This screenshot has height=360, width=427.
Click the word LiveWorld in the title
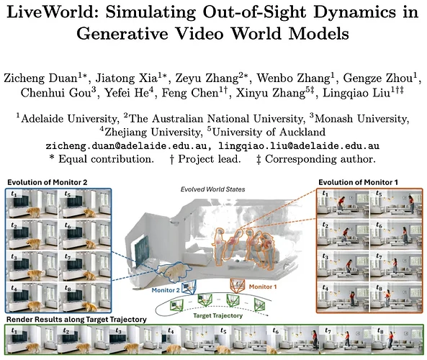tap(53, 12)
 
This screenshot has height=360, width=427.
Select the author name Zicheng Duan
tap(41, 78)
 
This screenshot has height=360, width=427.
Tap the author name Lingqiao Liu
tap(356, 93)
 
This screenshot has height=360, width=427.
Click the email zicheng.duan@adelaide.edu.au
tap(126, 146)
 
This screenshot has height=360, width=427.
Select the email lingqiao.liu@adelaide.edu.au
tap(299, 146)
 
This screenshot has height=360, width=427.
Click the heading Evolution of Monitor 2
tap(47, 182)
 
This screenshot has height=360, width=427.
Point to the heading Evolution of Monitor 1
tap(358, 182)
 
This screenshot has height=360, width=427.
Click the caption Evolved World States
tap(212, 189)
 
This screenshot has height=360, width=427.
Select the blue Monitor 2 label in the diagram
tap(166, 290)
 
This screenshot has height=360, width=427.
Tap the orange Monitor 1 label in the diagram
tap(263, 287)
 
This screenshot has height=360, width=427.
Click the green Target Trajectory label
tap(218, 315)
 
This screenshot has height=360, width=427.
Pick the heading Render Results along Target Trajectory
tap(76, 320)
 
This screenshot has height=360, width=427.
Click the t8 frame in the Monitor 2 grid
tap(84, 297)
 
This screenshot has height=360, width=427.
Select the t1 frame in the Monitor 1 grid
tap(343, 204)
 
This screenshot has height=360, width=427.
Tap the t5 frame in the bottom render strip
tap(239, 340)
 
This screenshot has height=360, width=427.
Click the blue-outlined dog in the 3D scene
tap(174, 271)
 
